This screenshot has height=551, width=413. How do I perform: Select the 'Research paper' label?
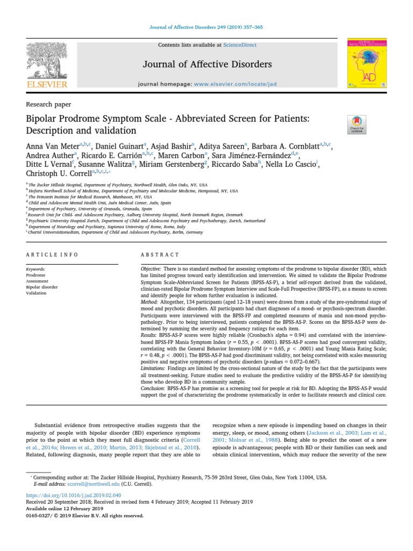(48, 104)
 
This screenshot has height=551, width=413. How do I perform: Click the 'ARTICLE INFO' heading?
(52, 255)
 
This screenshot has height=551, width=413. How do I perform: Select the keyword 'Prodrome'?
(35, 274)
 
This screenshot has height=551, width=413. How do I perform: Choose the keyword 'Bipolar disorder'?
(41, 287)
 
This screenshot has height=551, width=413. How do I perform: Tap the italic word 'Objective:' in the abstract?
(150, 269)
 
